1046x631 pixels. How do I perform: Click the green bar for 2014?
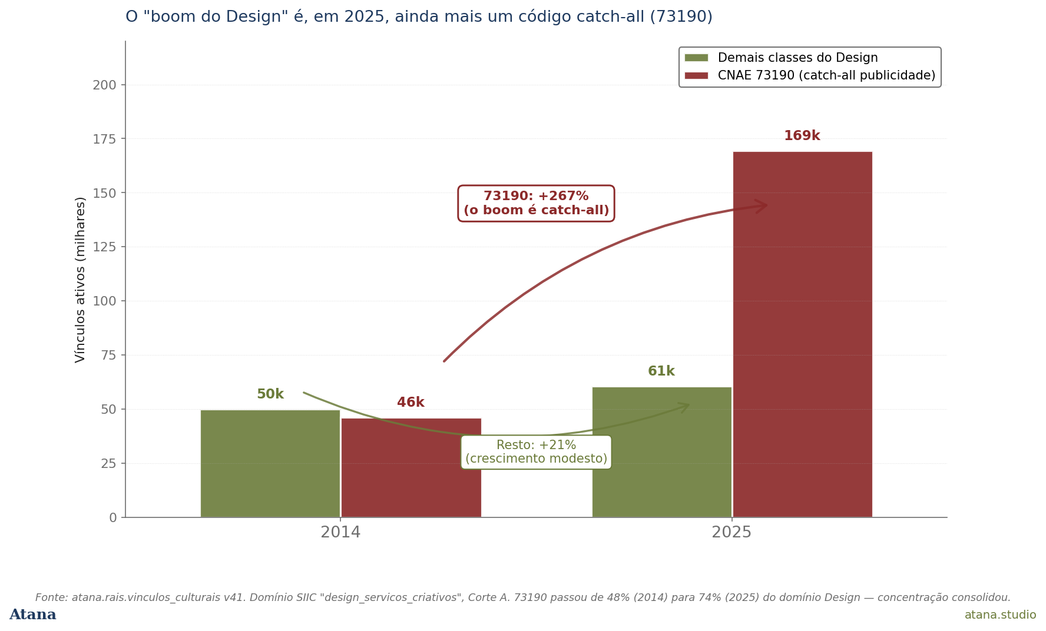[x=270, y=463]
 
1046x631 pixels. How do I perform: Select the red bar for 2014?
[x=411, y=468]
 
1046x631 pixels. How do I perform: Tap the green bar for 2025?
[x=662, y=452]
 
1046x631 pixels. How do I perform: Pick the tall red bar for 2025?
[x=803, y=334]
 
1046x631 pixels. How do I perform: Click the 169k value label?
[x=802, y=136]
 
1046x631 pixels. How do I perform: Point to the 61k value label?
[x=661, y=371]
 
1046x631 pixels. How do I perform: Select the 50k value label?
[x=270, y=394]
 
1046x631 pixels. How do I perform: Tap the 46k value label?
[x=411, y=403]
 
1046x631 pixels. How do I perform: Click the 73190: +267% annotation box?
[x=536, y=204]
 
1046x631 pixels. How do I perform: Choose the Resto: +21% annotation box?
[x=536, y=452]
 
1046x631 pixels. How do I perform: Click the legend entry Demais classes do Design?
[x=781, y=58]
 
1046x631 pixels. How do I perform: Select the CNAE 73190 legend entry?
[x=810, y=75]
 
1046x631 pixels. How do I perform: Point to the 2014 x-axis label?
[x=340, y=533]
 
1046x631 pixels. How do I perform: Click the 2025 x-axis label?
[x=731, y=533]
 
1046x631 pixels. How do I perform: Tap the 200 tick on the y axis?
[x=105, y=85]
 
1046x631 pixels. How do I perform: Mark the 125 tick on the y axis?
[x=105, y=247]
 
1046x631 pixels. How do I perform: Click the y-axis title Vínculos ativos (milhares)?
[x=81, y=280]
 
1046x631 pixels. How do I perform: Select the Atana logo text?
[x=33, y=615]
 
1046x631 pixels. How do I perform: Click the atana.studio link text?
[x=1000, y=615]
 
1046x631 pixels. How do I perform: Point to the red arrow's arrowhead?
[x=762, y=206]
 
